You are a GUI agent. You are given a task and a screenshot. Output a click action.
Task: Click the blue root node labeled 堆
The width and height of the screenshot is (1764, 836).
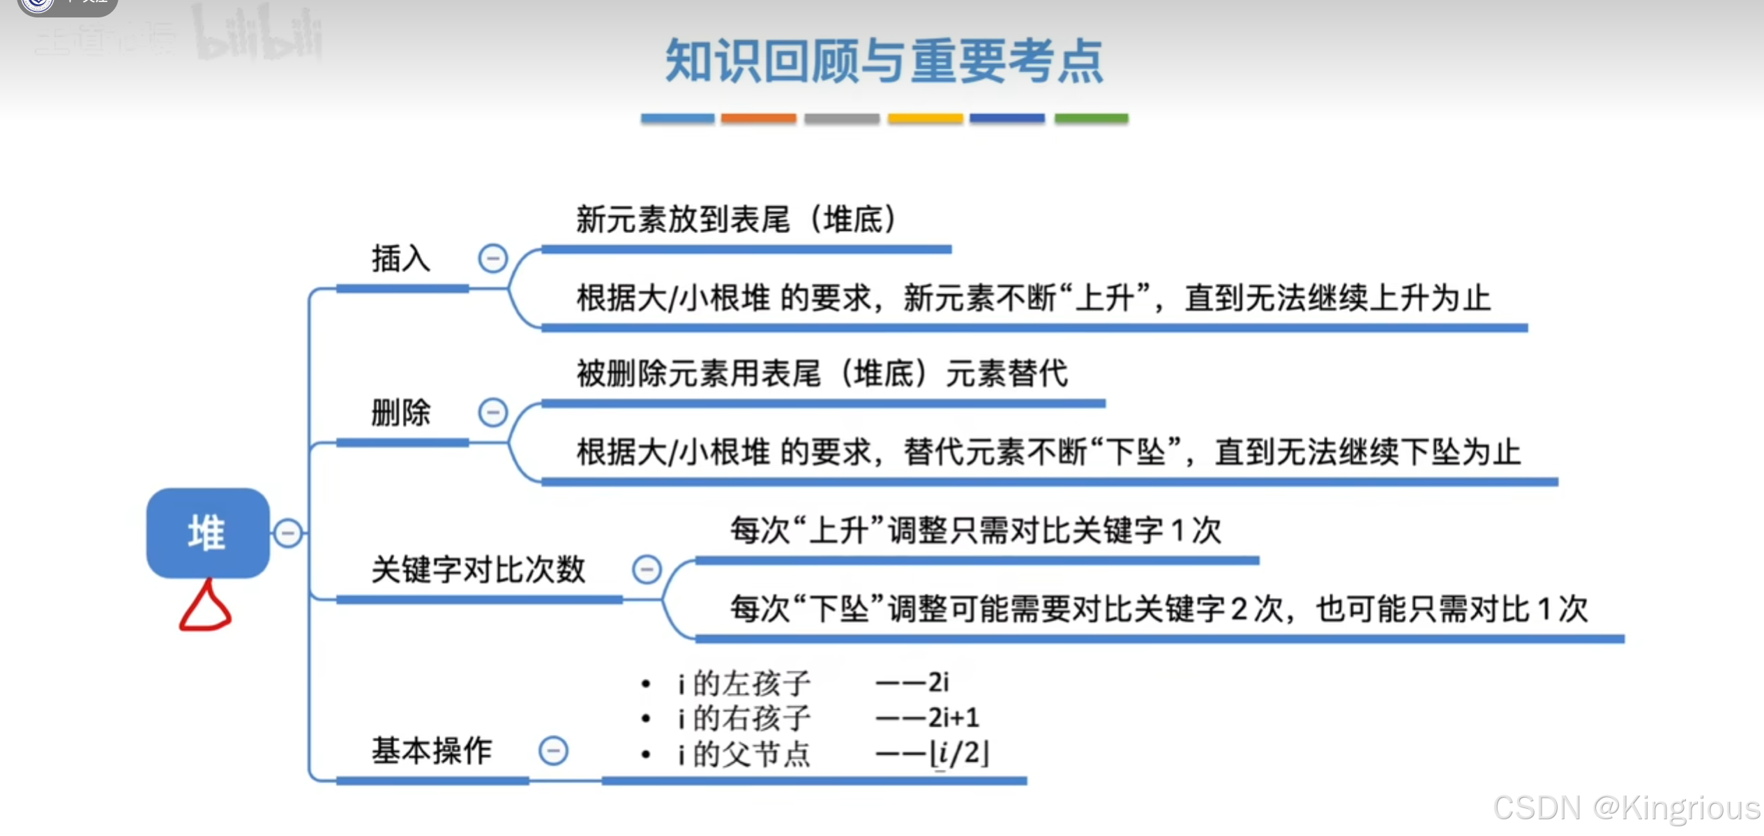point(208,533)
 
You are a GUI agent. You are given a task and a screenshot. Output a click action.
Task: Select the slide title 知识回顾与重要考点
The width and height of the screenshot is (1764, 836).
point(884,61)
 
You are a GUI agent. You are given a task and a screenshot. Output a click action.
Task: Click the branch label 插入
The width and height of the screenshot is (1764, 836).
point(401,259)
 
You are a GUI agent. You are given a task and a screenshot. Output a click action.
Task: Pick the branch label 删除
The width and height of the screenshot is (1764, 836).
point(401,412)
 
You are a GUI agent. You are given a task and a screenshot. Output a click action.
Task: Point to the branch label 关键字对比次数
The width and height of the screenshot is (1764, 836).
point(478,569)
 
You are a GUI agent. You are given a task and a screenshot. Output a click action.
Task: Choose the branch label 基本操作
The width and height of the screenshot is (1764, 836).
point(432,751)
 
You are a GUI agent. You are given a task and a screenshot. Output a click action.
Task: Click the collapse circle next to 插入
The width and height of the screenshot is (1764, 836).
point(492,259)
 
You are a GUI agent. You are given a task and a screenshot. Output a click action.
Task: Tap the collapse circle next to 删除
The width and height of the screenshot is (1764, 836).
point(492,412)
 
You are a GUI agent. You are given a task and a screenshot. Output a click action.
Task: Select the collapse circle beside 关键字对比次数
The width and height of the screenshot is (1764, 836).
point(647,569)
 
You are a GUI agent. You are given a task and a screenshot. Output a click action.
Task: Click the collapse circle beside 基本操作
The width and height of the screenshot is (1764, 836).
point(553,751)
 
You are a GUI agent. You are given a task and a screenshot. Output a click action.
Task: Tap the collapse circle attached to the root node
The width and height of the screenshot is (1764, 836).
point(287,533)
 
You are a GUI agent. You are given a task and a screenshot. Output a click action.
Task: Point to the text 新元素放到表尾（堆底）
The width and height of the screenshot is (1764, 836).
point(736,220)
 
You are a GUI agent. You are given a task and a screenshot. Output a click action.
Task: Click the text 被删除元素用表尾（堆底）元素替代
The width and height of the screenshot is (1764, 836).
point(822,373)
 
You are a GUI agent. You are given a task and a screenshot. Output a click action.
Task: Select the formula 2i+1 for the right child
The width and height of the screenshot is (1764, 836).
point(953,717)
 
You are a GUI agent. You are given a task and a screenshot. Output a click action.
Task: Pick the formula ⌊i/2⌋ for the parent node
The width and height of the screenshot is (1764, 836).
point(960,754)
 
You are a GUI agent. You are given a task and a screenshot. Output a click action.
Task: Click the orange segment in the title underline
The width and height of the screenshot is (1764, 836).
point(758,119)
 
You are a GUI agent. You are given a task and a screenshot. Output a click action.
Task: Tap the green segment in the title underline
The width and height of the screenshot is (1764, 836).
point(1091,119)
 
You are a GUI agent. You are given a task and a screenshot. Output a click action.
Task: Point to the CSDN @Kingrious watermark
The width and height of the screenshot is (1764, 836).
point(1626,808)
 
